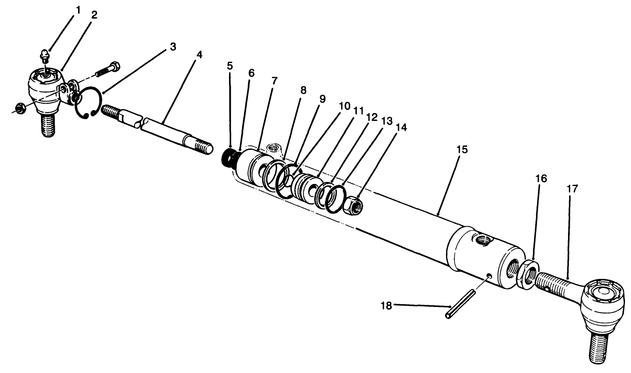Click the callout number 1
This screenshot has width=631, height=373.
click(x=78, y=9)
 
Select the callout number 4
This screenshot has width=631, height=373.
click(x=199, y=55)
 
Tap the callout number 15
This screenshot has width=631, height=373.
click(x=462, y=149)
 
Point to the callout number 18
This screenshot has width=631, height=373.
click(x=386, y=306)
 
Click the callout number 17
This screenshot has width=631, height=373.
click(x=573, y=189)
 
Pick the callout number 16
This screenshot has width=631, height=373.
click(x=541, y=178)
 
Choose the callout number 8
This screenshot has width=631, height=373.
click(x=303, y=90)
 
